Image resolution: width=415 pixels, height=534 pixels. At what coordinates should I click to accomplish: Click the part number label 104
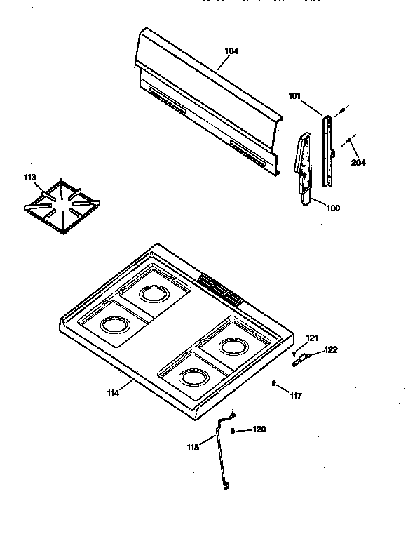pyautogui.click(x=231, y=51)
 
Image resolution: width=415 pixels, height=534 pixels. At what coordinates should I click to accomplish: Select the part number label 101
pyautogui.click(x=294, y=96)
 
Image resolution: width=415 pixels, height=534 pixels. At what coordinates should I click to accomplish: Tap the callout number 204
pyautogui.click(x=359, y=163)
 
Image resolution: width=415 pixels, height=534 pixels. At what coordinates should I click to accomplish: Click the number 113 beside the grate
pyautogui.click(x=29, y=178)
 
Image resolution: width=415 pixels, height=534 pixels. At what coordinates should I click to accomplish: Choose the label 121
pyautogui.click(x=312, y=339)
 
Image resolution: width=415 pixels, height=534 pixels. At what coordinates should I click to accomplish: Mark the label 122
pyautogui.click(x=331, y=349)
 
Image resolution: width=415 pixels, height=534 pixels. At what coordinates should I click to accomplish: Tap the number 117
pyautogui.click(x=295, y=396)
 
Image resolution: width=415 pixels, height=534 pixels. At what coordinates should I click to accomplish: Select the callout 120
pyautogui.click(x=259, y=429)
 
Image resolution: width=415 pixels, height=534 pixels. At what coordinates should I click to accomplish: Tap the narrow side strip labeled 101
pyautogui.click(x=327, y=151)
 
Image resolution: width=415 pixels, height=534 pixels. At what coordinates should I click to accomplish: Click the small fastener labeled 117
pyautogui.click(x=273, y=382)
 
